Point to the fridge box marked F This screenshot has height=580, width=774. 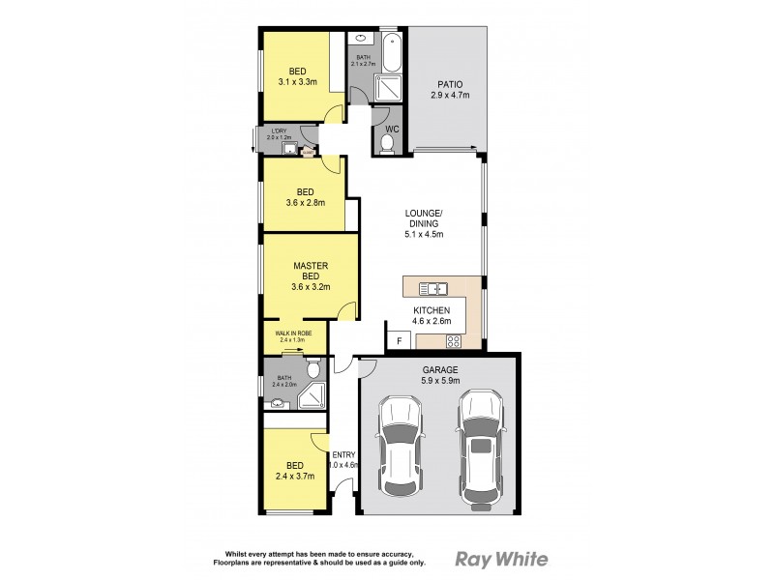(x=398, y=341)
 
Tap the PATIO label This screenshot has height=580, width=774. (x=449, y=90)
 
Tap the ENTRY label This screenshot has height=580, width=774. (x=343, y=455)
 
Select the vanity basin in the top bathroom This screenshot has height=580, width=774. (x=362, y=41)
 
